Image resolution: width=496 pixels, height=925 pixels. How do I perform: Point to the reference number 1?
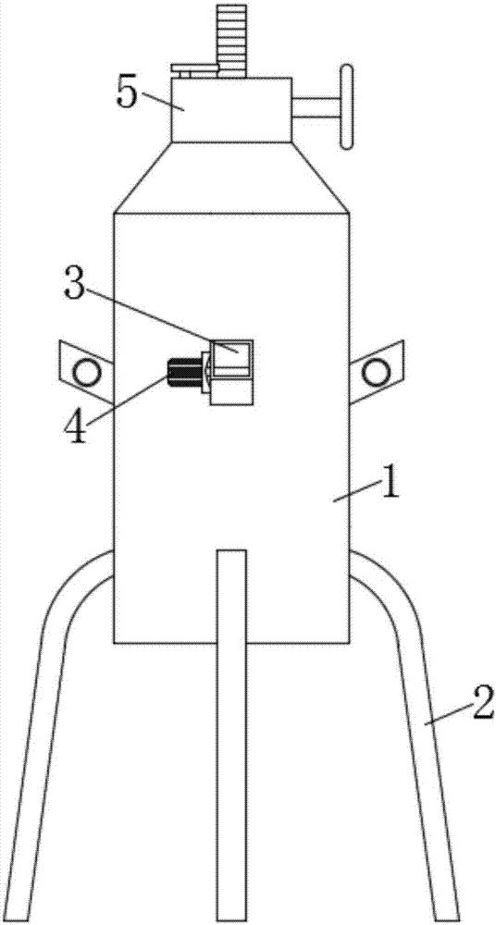[390, 482]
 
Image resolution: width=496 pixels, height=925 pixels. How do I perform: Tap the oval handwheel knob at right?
[347, 106]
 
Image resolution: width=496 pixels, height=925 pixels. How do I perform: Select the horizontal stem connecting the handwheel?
[316, 107]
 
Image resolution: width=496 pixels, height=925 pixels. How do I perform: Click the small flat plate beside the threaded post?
[194, 68]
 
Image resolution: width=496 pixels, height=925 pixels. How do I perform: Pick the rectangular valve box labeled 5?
[230, 110]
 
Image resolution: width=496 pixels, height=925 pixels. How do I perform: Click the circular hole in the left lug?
[86, 372]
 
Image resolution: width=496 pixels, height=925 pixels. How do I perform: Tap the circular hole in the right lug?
[376, 372]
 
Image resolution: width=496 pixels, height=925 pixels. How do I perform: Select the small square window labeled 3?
[232, 359]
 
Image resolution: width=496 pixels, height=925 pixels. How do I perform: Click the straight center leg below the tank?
[230, 735]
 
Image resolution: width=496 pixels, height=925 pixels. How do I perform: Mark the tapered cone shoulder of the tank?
[230, 178]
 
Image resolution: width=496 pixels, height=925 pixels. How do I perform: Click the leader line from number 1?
[356, 491]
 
